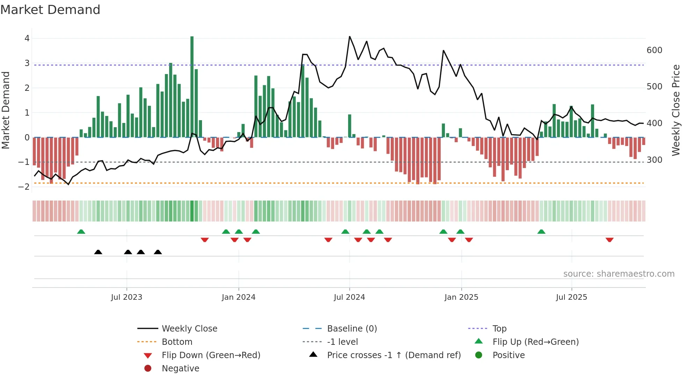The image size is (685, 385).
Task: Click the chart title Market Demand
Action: (x=50, y=10)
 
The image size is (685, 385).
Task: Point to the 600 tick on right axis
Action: (x=654, y=50)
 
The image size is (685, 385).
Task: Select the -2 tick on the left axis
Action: (x=24, y=187)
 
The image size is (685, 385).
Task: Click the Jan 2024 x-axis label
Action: (x=238, y=297)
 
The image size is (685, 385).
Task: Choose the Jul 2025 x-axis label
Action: (x=571, y=297)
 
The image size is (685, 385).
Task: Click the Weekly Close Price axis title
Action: (x=676, y=110)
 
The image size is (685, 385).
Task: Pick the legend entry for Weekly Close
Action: (x=189, y=329)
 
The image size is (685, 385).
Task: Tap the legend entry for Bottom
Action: (x=177, y=342)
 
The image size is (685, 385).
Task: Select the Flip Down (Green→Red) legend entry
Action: (x=211, y=355)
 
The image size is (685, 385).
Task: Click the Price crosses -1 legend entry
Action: (x=394, y=355)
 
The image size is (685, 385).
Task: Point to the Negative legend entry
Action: (x=180, y=369)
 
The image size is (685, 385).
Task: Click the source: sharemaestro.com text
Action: (x=619, y=274)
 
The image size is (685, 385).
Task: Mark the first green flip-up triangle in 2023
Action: (x=81, y=232)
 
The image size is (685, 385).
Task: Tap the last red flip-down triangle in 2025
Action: (x=610, y=240)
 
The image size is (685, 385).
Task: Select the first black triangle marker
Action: (x=98, y=252)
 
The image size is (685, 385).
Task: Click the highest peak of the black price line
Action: (x=349, y=37)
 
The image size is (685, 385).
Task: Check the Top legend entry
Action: (x=499, y=329)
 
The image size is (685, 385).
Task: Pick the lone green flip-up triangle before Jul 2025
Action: (x=541, y=232)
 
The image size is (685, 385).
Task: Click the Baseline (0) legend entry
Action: (x=352, y=329)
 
